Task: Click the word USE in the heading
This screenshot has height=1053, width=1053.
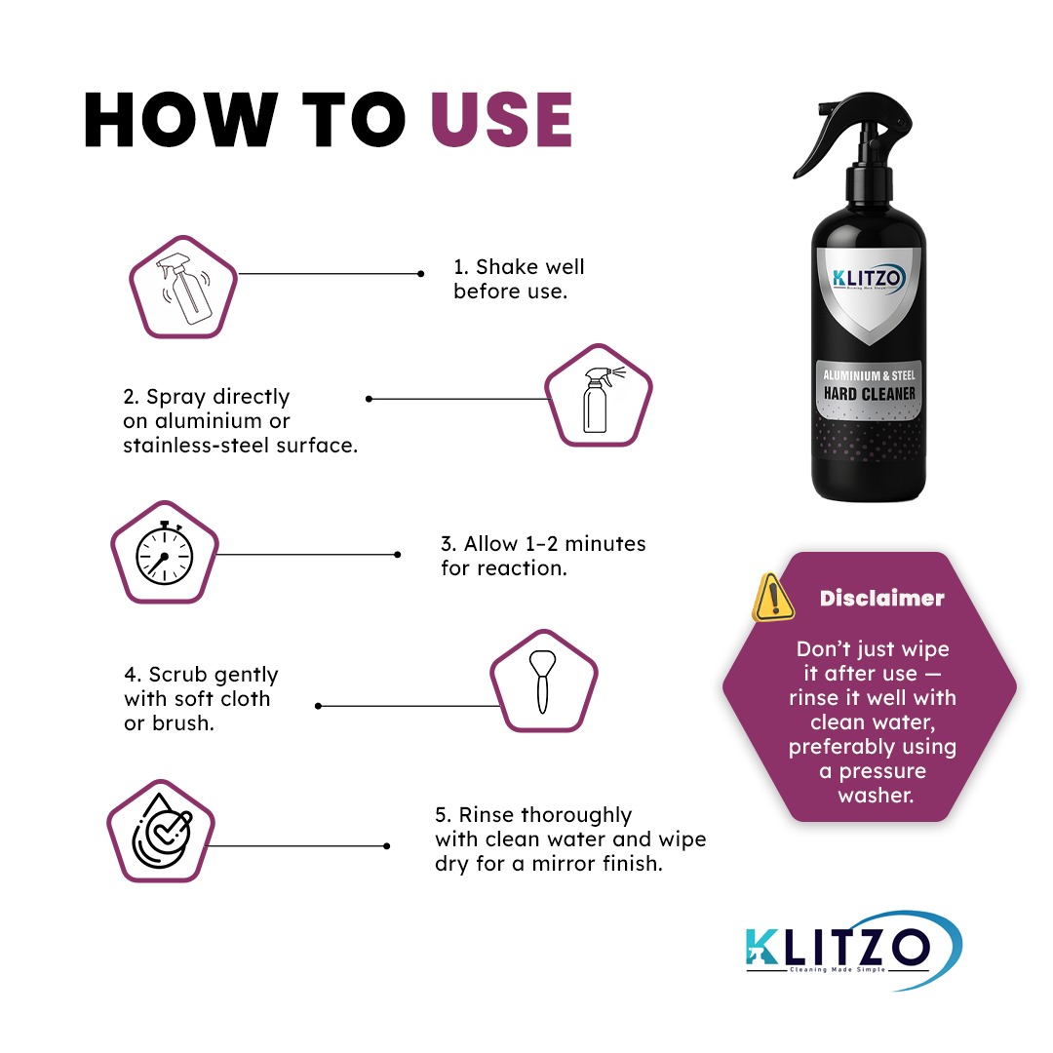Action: coord(501,121)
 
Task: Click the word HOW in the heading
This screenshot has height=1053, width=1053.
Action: coord(180,121)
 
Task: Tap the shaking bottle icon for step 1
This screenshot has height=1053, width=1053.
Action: coord(183,285)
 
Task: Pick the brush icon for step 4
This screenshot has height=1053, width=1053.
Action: coord(542,680)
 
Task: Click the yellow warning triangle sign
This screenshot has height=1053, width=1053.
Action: coord(773,596)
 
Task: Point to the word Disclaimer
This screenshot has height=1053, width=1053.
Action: coord(881,599)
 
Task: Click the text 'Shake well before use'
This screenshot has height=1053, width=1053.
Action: coord(518,279)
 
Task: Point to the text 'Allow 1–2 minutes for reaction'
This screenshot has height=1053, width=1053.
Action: coord(542,556)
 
